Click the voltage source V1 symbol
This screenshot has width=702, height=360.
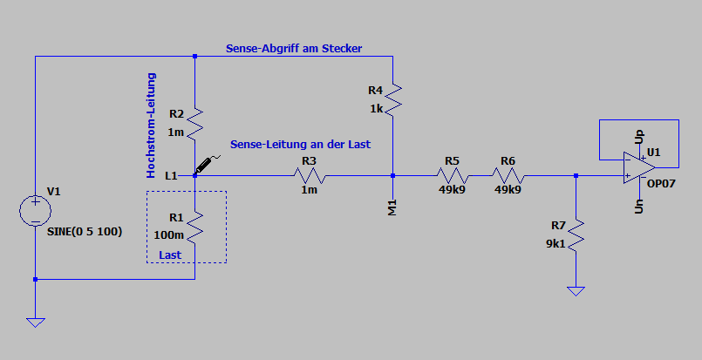36,210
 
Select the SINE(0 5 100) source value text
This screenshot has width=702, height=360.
85,232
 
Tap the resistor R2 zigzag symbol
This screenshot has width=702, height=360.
194,123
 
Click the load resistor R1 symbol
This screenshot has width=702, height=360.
194,227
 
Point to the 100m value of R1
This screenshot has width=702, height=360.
169,235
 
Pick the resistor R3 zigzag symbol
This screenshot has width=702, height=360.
310,175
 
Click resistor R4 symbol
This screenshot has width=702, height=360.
392,100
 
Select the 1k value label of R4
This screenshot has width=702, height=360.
377,109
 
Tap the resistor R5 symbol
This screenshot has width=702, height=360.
453,175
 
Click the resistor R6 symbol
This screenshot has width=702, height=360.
508,175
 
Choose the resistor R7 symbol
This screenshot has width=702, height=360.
576,234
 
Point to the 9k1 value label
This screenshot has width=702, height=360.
555,244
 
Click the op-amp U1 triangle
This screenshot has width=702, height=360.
639,167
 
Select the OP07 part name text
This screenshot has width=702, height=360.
661,184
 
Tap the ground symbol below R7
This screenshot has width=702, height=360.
576,291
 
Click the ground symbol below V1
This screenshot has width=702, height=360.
36,323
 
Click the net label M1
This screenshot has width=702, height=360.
392,208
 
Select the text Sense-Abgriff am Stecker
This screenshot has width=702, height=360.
294,48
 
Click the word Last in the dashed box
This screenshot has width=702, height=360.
170,255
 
